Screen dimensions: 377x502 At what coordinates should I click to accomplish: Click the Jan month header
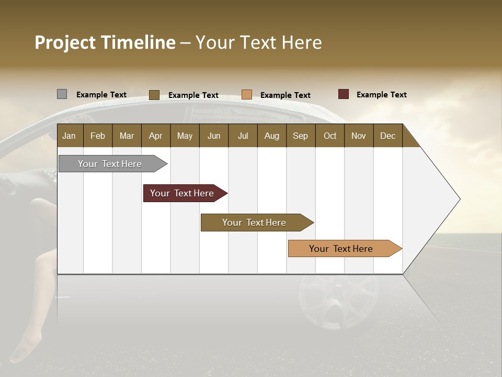point(69,136)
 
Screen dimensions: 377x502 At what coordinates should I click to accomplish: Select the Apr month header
point(155,136)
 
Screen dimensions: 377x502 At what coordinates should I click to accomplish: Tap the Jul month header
point(243,136)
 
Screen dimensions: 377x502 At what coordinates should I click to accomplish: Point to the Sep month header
point(300,136)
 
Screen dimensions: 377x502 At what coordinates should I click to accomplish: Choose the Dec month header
point(387,136)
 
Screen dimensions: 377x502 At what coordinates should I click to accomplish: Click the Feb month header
point(98,136)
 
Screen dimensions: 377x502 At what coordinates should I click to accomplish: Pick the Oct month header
point(330,136)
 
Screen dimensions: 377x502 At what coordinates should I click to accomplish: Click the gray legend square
point(62,94)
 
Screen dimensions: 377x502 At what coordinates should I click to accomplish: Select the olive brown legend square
point(154,95)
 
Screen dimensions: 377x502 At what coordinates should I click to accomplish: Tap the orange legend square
point(247,95)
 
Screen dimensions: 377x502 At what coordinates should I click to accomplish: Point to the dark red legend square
point(343,94)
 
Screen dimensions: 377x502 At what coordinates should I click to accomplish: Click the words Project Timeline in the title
point(105,42)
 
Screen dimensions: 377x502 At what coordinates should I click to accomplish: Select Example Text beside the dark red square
point(381,95)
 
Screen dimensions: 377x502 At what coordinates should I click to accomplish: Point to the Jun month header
point(214,136)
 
